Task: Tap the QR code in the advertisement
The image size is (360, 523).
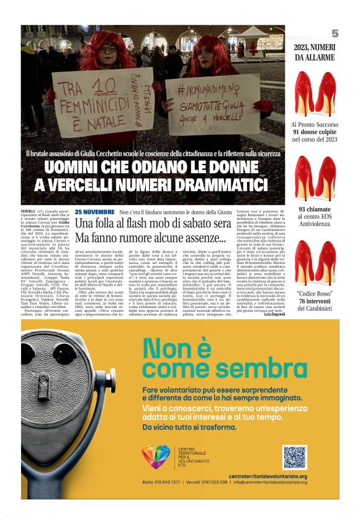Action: tap(295, 457)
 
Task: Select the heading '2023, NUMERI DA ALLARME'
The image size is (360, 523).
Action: tap(314, 53)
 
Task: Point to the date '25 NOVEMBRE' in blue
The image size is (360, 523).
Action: tap(94, 212)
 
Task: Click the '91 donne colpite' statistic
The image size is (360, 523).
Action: tap(314, 132)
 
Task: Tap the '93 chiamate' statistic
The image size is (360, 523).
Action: tap(314, 209)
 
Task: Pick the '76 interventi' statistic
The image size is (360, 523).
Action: tap(314, 301)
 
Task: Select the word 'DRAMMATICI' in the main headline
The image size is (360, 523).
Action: tap(211, 184)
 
